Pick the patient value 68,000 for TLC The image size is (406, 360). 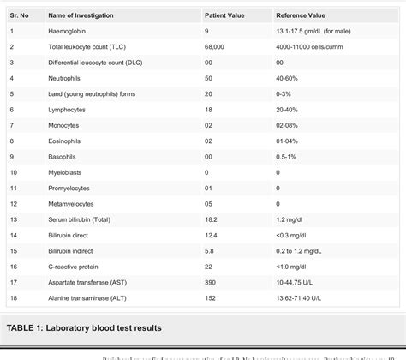(x=215, y=47)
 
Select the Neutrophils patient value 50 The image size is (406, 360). (x=208, y=78)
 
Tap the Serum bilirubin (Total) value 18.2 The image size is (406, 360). (x=211, y=219)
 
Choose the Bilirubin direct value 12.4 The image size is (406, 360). (x=211, y=235)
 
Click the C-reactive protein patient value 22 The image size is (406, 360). (x=208, y=267)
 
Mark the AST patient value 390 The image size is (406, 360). (x=210, y=282)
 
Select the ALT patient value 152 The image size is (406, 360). (x=210, y=297)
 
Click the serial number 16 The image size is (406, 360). (x=13, y=267)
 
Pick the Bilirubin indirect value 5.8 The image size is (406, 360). (x=208, y=250)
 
